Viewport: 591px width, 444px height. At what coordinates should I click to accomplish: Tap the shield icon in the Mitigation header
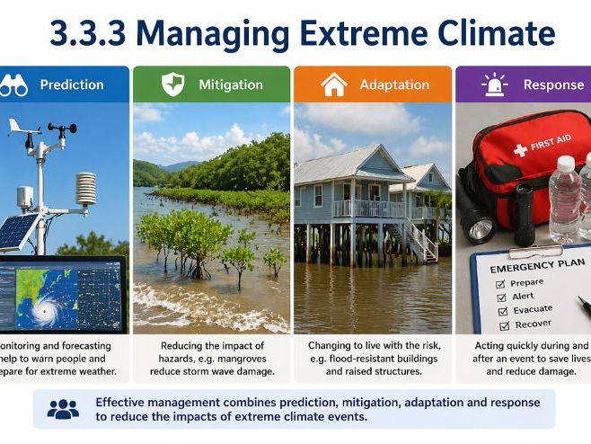tap(172, 85)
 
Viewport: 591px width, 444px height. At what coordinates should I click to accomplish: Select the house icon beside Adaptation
tap(333, 85)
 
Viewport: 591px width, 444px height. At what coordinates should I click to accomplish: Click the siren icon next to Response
tap(495, 85)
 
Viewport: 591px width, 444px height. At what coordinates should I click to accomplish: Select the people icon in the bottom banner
tap(63, 410)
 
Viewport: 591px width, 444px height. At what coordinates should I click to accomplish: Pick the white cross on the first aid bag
tap(520, 150)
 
